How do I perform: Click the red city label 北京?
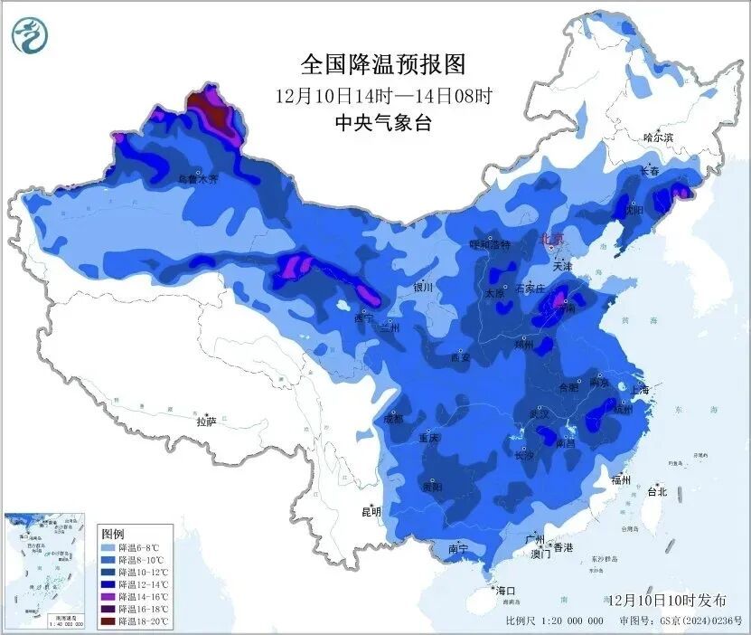(x=551, y=239)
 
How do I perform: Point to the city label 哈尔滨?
(x=658, y=137)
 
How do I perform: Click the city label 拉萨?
(x=206, y=421)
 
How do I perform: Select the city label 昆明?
(x=371, y=511)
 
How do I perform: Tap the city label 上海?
(x=640, y=388)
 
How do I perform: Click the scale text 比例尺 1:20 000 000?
(x=554, y=621)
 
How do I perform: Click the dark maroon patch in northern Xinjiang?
(x=213, y=112)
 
